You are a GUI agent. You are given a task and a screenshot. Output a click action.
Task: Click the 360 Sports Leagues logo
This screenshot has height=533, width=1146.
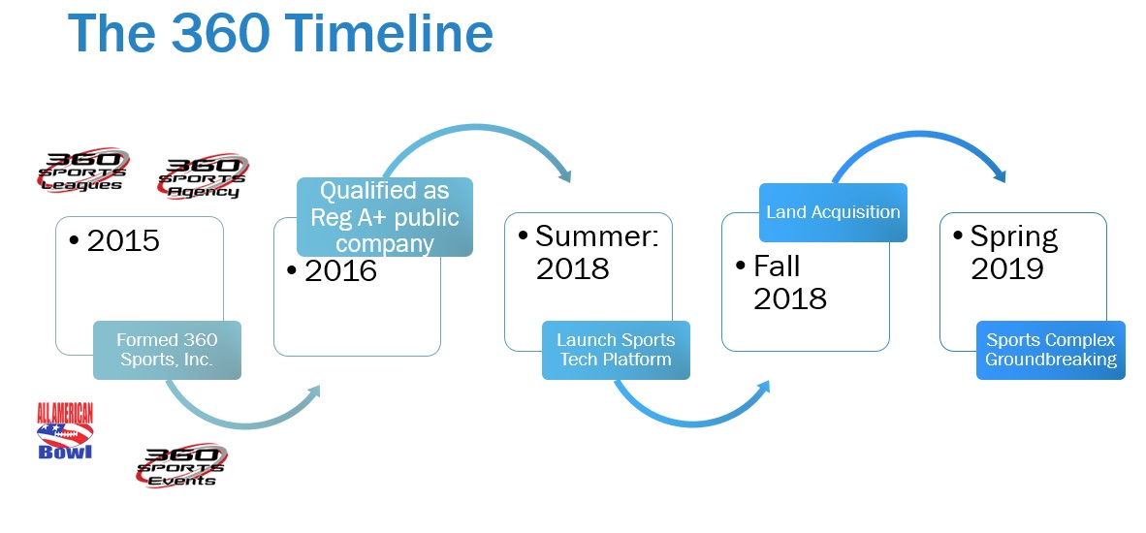83,171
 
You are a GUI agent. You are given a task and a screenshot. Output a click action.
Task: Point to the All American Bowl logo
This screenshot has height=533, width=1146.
65,431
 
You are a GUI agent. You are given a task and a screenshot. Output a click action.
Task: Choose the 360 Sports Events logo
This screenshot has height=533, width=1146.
181,465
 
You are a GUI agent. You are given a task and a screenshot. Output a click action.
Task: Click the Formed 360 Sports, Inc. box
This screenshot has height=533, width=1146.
167,350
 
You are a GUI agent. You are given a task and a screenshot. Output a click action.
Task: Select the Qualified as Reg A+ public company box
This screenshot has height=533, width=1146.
385,217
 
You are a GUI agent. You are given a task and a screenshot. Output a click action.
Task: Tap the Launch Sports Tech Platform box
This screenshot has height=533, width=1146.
616,350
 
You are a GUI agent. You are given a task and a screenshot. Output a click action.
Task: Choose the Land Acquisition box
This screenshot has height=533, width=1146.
833,212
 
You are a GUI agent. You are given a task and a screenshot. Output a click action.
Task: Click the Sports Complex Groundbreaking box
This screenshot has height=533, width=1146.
1051,350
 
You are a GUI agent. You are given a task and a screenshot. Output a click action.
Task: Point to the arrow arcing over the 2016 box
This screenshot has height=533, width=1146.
476,129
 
